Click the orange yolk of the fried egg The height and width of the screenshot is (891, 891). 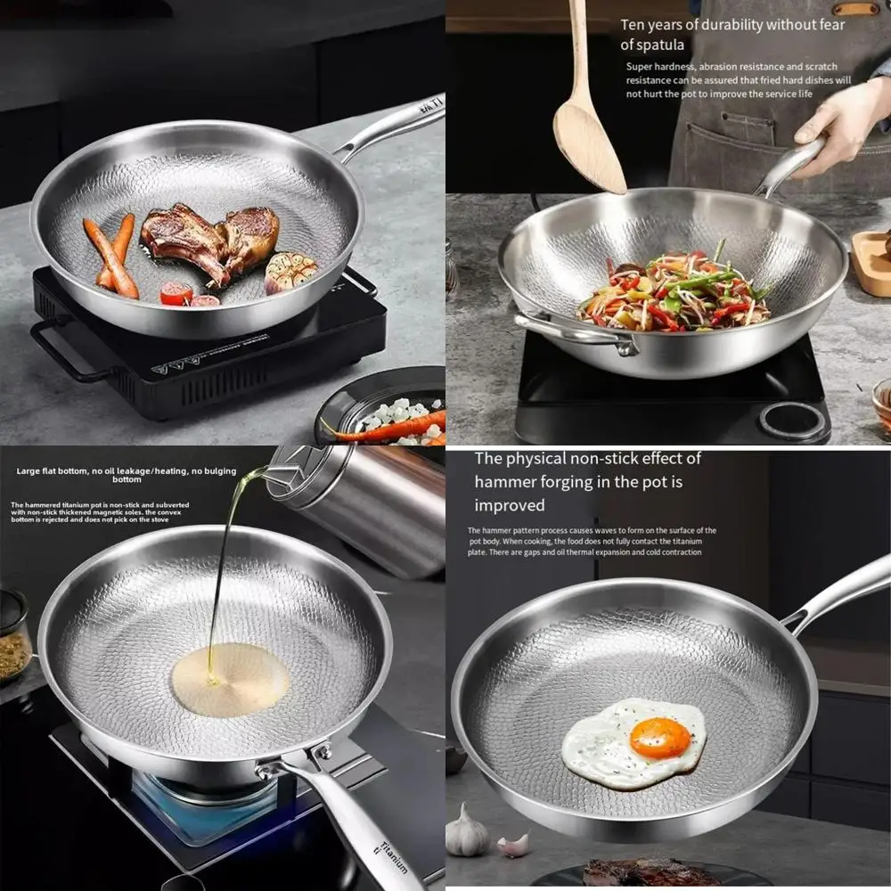659,739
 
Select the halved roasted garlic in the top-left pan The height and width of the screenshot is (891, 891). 290,270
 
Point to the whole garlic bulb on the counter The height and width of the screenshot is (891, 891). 467,833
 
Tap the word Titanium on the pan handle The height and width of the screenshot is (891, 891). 393,855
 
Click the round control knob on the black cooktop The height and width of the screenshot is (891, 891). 792,420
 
